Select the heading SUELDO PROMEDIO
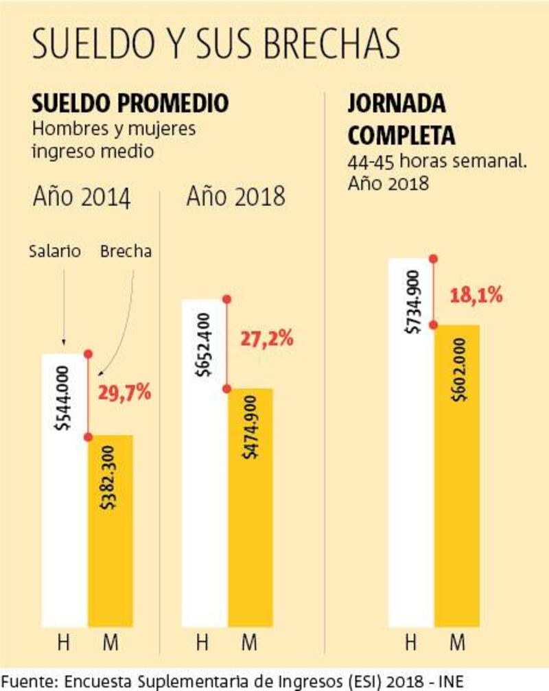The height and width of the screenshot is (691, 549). pyautogui.click(x=130, y=104)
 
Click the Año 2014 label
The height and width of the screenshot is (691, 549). pyautogui.click(x=81, y=198)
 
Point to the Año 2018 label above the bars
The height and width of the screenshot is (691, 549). pyautogui.click(x=235, y=197)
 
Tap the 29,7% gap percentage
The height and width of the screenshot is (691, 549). pyautogui.click(x=124, y=393)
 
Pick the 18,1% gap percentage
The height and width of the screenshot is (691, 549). pyautogui.click(x=476, y=296)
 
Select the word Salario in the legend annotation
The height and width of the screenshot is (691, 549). pyautogui.click(x=55, y=251)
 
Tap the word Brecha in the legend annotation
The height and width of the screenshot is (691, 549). pyautogui.click(x=126, y=251)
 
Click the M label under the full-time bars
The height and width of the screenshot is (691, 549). pyautogui.click(x=457, y=643)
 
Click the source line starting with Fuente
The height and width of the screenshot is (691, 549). pyautogui.click(x=233, y=680)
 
